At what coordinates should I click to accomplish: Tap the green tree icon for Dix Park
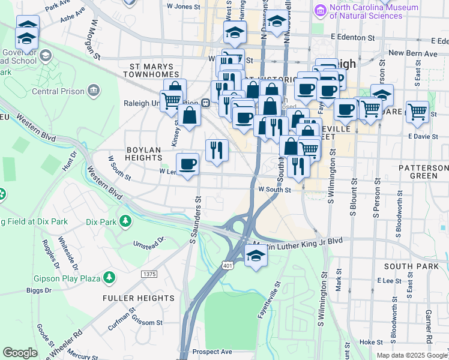click(x=125, y=221)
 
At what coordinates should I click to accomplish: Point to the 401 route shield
click(x=228, y=265)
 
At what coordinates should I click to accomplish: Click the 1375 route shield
click(x=149, y=274)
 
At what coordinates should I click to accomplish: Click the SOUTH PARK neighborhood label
click(x=408, y=266)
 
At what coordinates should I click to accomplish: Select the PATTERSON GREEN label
click(x=423, y=170)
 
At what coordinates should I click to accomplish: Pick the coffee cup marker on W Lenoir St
click(x=188, y=164)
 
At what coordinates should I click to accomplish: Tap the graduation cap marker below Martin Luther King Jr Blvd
click(x=256, y=256)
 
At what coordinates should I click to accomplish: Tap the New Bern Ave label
click(x=414, y=53)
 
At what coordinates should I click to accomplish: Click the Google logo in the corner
click(x=20, y=353)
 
